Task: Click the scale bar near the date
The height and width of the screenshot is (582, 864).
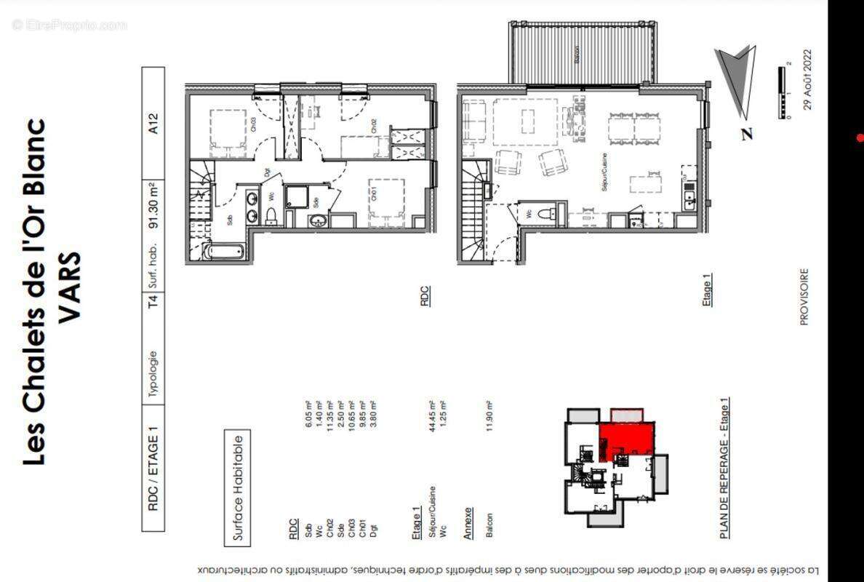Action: [x=785, y=92]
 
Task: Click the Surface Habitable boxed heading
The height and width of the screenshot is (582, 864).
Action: [x=238, y=487]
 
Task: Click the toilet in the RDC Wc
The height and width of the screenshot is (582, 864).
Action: [x=271, y=216]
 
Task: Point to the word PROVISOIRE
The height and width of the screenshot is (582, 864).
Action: [x=804, y=297]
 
